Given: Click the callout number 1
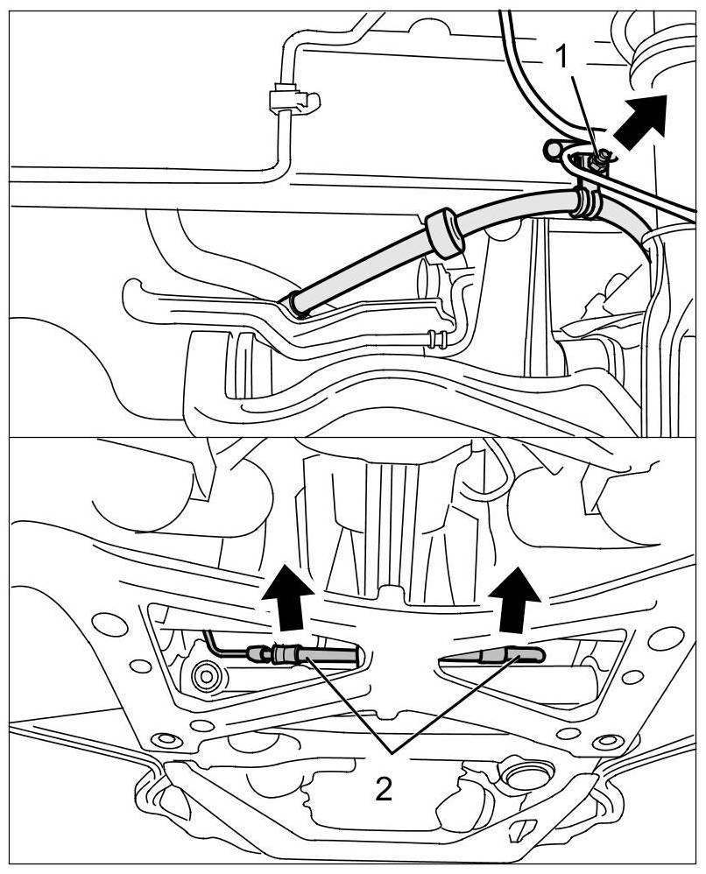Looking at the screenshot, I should [564, 57].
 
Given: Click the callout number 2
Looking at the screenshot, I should [383, 791].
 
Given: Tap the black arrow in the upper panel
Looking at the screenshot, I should [641, 119].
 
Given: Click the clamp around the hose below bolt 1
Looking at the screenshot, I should [586, 201].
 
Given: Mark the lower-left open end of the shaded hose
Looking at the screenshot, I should [297, 304].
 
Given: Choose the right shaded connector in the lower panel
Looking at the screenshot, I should [495, 655].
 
